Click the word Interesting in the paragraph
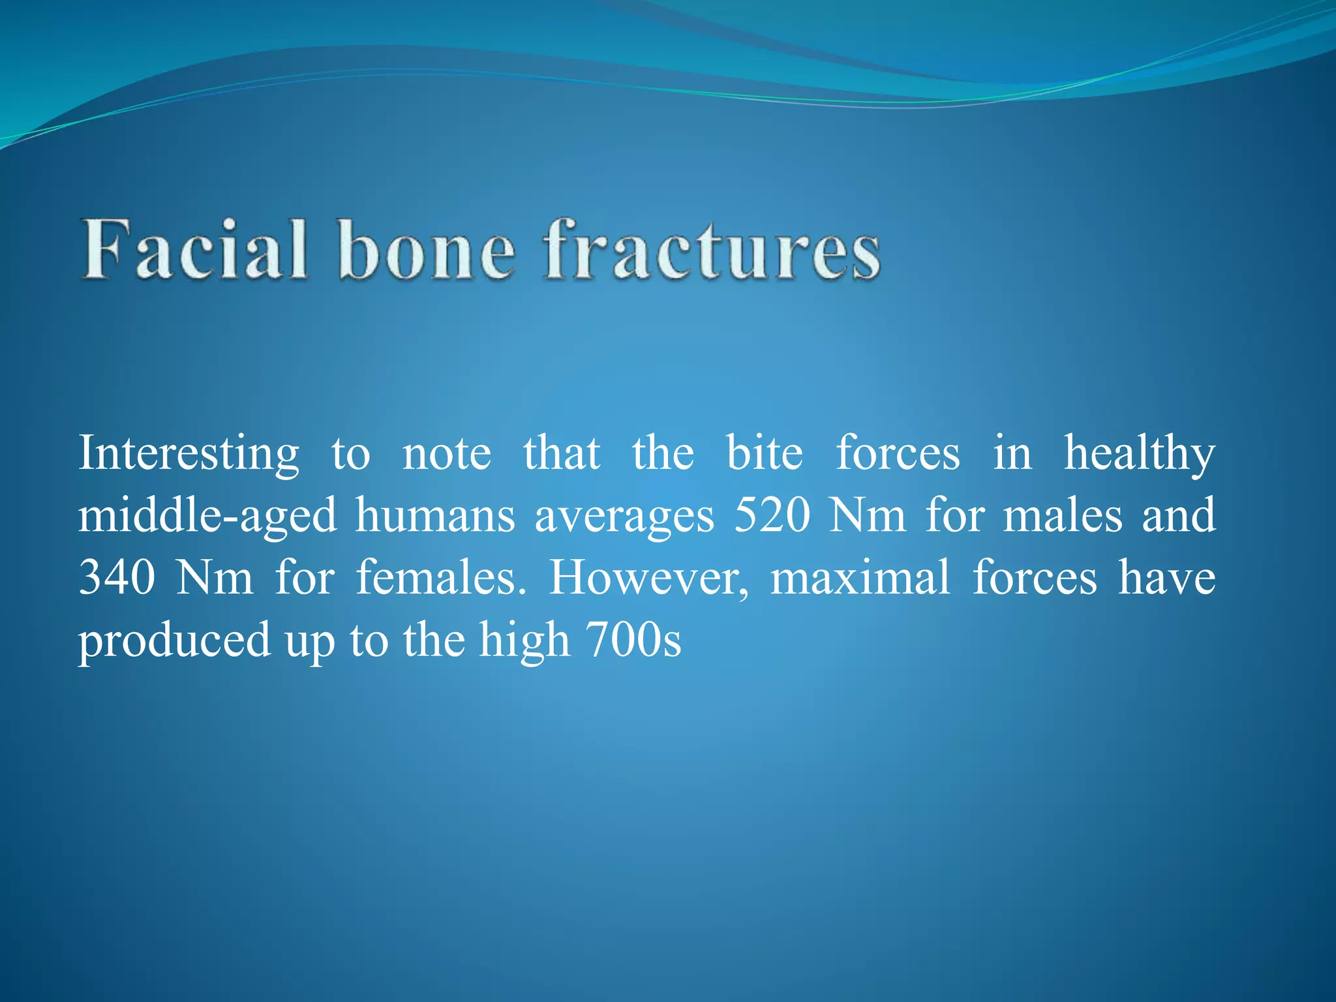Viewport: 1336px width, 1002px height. (189, 454)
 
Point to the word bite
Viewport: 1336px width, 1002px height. (765, 453)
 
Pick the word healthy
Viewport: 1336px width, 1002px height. (1140, 454)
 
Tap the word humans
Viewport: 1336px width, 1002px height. (435, 515)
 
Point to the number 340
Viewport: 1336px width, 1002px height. (117, 577)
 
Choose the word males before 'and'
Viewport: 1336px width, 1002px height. (1063, 515)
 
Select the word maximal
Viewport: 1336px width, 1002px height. (860, 577)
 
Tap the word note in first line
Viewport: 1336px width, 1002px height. (447, 454)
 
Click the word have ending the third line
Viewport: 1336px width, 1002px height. (1166, 577)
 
